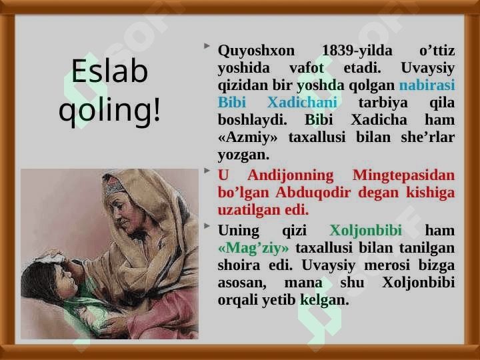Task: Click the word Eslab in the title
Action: click(109, 71)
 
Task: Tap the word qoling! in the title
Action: click(109, 110)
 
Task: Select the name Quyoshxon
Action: click(256, 51)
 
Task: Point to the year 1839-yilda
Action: click(357, 50)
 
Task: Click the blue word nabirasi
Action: click(427, 85)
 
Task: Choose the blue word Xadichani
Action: click(302, 102)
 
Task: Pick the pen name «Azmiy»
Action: click(247, 137)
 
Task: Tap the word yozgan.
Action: click(244, 155)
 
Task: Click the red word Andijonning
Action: click(291, 175)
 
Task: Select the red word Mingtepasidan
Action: click(404, 175)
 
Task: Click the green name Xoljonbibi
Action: click(366, 230)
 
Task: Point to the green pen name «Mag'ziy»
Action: click(253, 248)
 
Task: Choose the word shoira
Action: click(239, 265)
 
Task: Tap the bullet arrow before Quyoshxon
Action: click(207, 46)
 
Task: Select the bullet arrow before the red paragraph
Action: click(207, 171)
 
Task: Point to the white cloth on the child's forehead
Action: click(49, 258)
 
